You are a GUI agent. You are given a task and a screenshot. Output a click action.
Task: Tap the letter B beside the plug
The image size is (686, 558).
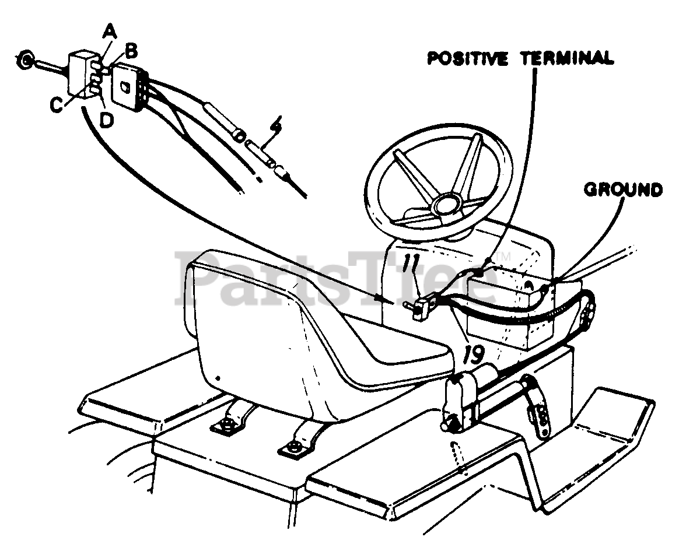[131, 51]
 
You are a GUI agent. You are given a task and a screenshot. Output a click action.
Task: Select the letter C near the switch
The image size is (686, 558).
[56, 105]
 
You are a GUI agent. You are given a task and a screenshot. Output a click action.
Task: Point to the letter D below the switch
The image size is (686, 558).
[107, 119]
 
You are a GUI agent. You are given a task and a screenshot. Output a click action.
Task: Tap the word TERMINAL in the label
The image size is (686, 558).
[569, 58]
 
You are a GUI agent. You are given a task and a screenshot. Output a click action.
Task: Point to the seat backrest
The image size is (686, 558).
[245, 327]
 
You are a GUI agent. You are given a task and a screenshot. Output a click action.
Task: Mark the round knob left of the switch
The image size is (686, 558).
[25, 60]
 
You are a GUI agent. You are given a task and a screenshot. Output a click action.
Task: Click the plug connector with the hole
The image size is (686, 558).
[126, 86]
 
